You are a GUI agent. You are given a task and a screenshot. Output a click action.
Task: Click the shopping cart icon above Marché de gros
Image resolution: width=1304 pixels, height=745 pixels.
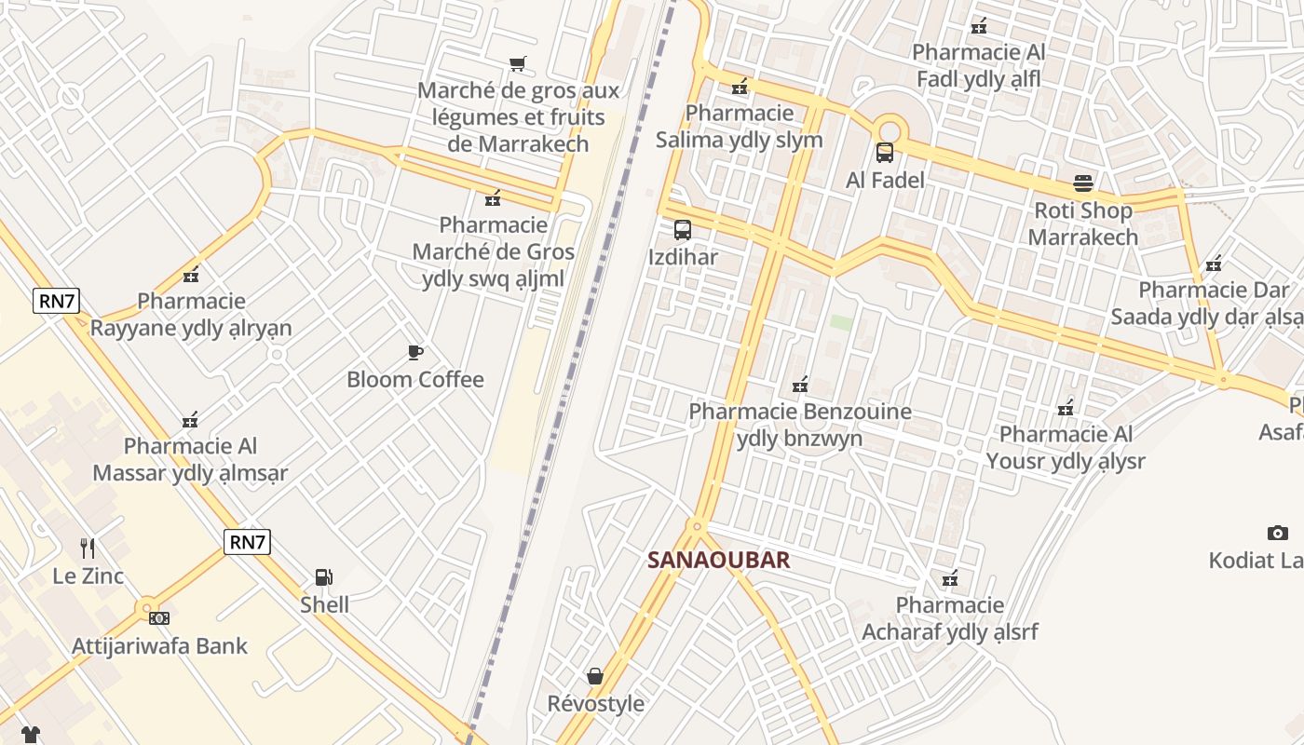[517, 64]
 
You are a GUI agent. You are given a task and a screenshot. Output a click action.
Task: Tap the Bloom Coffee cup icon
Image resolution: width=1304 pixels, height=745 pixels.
[415, 352]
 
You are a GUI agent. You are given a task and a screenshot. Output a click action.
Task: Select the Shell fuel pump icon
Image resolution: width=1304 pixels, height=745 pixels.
[324, 577]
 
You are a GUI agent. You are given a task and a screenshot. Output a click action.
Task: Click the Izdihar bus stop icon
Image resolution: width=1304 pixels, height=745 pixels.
[683, 230]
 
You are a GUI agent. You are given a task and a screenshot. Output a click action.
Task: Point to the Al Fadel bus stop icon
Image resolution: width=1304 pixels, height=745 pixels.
[885, 153]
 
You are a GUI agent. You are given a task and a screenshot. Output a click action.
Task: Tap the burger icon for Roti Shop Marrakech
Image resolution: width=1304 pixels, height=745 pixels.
[1082, 183]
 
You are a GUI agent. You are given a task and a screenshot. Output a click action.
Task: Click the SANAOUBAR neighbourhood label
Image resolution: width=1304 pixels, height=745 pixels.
[718, 560]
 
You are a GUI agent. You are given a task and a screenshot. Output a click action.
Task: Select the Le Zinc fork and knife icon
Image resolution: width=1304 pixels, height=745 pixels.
[88, 549]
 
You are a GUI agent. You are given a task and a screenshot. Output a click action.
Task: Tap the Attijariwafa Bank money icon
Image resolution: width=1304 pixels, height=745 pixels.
[159, 617]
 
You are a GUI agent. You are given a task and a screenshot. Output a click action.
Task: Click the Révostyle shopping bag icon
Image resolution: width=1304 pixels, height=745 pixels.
[595, 675]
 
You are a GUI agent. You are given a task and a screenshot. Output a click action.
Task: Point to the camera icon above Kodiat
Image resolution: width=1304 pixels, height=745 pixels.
[1277, 533]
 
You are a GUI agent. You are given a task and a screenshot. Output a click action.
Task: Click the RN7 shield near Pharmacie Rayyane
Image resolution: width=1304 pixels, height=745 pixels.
[56, 301]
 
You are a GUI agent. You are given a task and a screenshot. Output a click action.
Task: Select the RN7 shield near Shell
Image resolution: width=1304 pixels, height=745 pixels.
[247, 542]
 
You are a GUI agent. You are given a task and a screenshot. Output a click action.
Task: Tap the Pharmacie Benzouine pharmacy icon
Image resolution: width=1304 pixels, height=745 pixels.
[799, 384]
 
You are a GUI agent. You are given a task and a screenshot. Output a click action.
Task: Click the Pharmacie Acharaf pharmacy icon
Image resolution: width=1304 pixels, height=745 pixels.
[949, 578]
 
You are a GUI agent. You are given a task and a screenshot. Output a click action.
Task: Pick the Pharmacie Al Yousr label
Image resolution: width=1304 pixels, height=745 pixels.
[1066, 447]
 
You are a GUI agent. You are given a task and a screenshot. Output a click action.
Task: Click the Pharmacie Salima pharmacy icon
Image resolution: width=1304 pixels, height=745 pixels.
[740, 87]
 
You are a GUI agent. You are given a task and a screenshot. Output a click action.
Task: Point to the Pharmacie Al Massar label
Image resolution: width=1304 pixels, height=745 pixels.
[190, 459]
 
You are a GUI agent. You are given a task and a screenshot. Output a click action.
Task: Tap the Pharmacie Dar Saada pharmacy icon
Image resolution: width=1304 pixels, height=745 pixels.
[1213, 264]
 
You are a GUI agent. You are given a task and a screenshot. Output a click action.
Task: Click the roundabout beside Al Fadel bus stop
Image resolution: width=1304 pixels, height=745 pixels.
[890, 129]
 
